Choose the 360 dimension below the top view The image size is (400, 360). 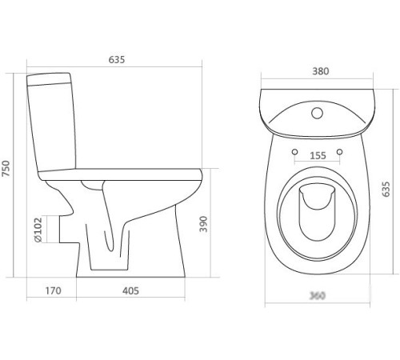click(x=318, y=296)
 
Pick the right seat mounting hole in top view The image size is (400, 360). click(x=340, y=152)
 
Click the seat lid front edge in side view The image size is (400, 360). click(x=195, y=172)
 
